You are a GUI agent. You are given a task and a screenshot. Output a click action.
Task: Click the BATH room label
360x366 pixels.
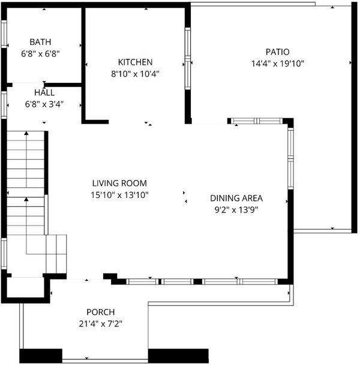[x=40, y=42]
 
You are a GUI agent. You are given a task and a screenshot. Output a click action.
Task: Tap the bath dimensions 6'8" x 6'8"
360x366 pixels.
[x=40, y=54]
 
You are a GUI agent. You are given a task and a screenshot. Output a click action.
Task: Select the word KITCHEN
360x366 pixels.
[x=135, y=62]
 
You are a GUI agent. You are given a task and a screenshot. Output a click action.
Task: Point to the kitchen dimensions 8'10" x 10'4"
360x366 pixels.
[x=135, y=74]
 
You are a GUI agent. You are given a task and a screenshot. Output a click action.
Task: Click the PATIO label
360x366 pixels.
[x=278, y=52]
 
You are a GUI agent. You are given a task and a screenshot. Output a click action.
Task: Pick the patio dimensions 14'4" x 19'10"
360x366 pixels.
[x=278, y=64]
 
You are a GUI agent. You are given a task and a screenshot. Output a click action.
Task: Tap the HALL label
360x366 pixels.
[x=44, y=92]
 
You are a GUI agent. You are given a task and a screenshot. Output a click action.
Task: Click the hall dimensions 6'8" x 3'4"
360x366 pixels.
[x=44, y=104]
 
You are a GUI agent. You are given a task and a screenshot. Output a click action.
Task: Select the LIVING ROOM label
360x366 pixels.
[x=119, y=183]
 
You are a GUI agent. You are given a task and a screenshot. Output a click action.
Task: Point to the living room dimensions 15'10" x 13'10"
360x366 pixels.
[x=119, y=195]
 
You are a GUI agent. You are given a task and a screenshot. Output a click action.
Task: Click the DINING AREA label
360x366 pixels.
[x=236, y=198]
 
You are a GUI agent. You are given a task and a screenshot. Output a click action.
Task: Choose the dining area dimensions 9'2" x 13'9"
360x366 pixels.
[x=236, y=210]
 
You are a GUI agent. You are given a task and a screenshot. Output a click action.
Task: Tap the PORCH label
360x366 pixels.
[x=101, y=312]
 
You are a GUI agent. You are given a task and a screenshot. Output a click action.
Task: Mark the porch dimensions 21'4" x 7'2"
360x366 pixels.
[x=101, y=324]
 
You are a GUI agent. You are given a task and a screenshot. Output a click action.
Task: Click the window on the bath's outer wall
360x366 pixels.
[x=4, y=34]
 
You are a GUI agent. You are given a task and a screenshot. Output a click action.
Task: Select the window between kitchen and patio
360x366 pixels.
[x=188, y=59]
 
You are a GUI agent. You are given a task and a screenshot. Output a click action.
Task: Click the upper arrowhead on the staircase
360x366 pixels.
[x=26, y=133]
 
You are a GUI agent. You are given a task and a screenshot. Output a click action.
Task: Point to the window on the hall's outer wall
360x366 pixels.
[x=4, y=105]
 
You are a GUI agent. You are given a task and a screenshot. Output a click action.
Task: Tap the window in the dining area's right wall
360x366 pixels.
[x=290, y=158]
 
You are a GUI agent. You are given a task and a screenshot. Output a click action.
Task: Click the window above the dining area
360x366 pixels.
[x=257, y=121]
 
